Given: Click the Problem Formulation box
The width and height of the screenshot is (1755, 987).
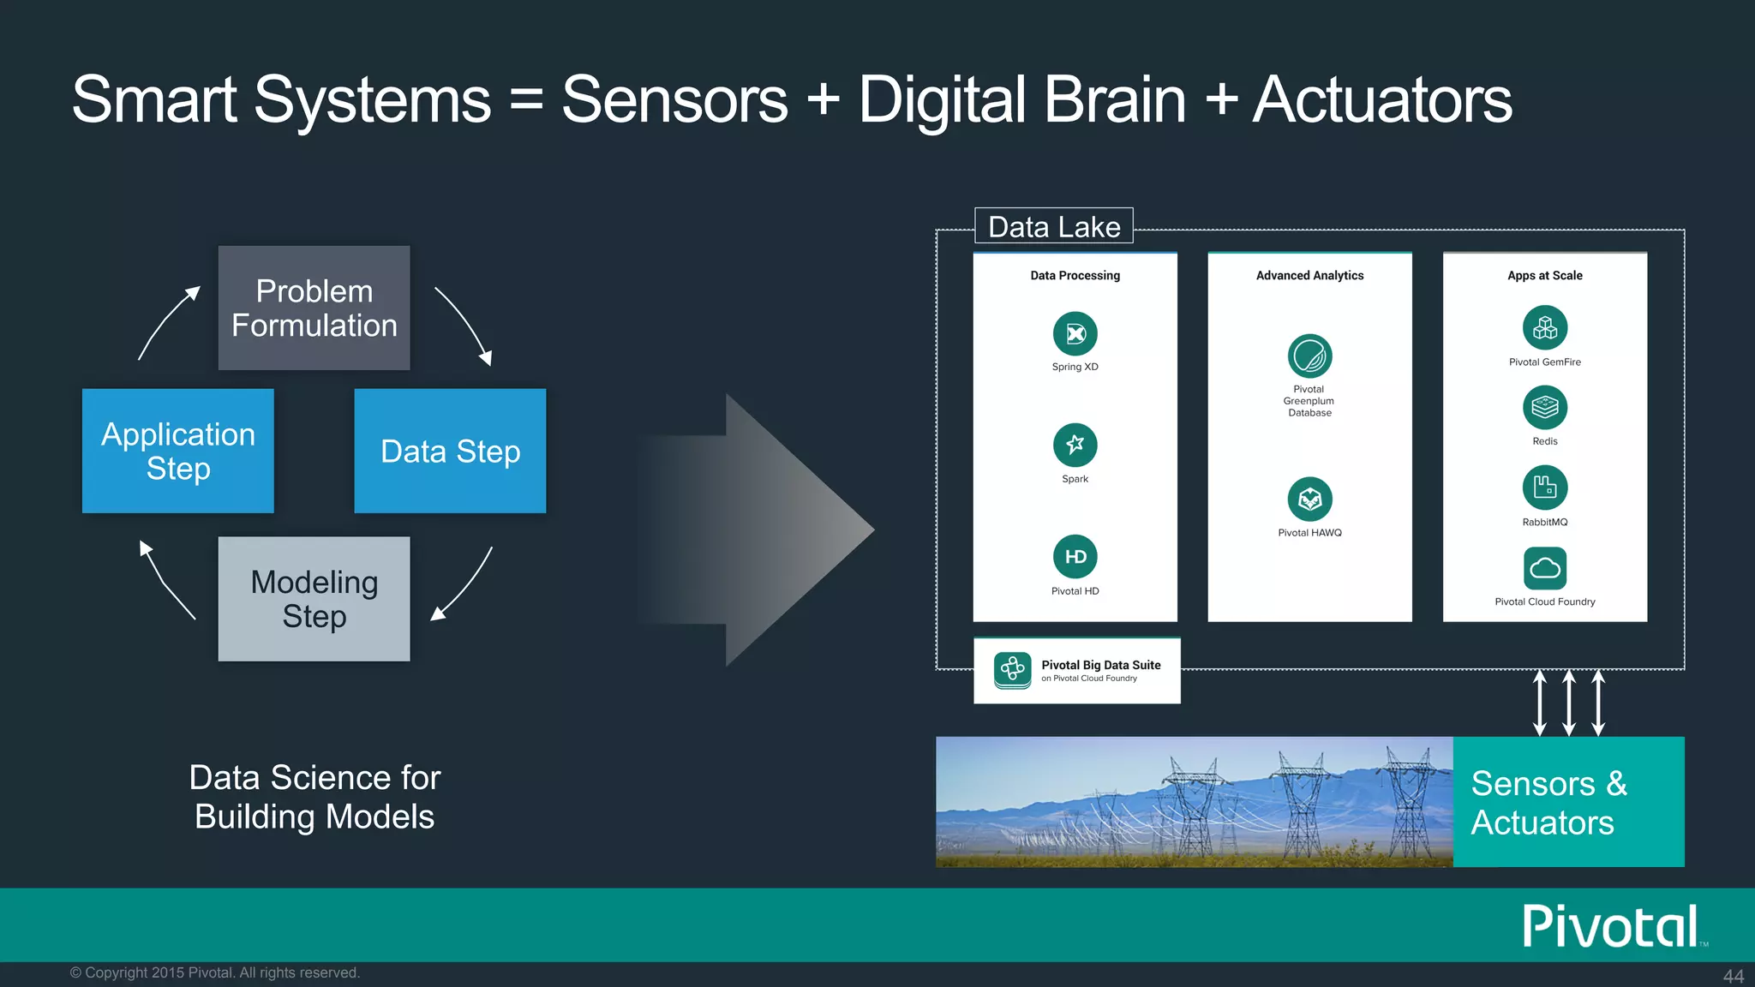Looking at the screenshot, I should tap(314, 308).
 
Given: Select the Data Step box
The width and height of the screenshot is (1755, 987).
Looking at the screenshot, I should tap(450, 451).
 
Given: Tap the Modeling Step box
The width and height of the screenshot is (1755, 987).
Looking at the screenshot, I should tap(314, 599).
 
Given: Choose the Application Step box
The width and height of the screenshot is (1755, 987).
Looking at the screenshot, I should tap(178, 451).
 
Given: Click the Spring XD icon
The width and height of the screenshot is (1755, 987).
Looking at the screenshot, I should tap(1075, 334).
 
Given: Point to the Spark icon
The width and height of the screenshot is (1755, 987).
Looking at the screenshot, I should tap(1075, 445).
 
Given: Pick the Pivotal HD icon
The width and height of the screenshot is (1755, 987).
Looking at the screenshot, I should tap(1075, 557).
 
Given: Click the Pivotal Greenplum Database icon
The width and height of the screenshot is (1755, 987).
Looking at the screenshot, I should tap(1309, 356).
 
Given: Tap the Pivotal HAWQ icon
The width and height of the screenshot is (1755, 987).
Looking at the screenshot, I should tap(1309, 499).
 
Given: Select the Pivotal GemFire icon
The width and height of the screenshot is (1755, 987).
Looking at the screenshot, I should tap(1544, 328).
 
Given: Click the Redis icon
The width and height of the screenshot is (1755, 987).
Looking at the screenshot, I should tap(1544, 408).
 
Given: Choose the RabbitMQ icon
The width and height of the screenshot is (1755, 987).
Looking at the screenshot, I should tap(1544, 488).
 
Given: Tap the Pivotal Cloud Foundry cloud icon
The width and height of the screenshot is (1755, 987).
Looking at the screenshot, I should tap(1544, 568).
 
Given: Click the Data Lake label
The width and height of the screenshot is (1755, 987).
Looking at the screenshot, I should tap(1053, 226).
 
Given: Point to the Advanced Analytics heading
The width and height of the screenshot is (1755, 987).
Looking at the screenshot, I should tap(1309, 275).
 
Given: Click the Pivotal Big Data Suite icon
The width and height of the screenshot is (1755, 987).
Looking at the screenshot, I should tap(1012, 670).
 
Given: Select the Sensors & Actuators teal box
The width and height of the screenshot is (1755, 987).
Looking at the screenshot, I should tap(1568, 802).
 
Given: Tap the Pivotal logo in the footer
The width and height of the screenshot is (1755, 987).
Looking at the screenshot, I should tap(1610, 926).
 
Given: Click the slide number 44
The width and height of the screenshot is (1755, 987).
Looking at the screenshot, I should tap(1733, 976).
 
